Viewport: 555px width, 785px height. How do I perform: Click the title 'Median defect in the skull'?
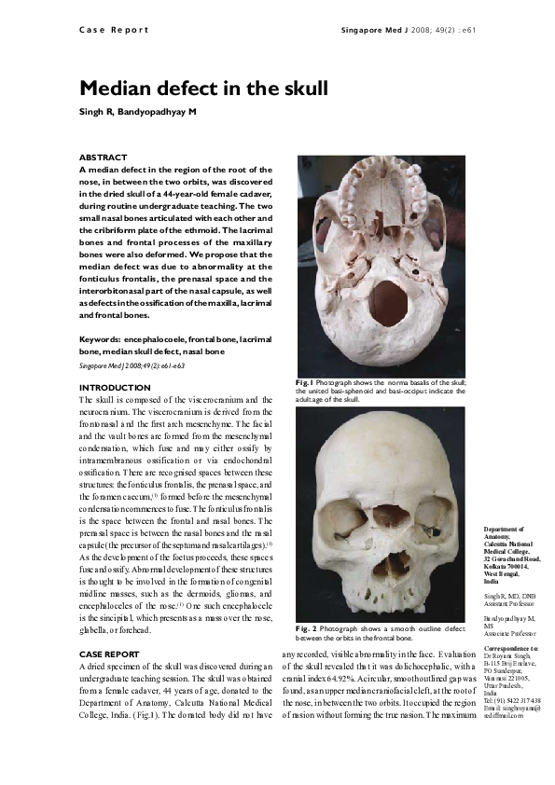pos(203,90)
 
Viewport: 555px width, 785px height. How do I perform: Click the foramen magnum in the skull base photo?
pos(388,305)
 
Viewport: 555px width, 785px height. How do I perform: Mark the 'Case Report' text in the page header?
pos(108,30)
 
